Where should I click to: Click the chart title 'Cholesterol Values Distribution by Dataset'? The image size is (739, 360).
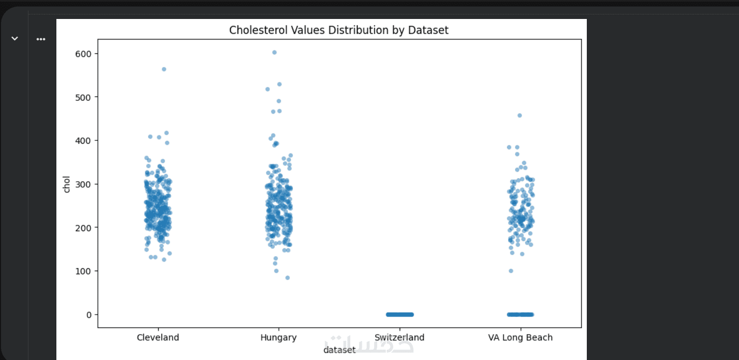(339, 30)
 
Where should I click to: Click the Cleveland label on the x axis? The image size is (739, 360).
(158, 338)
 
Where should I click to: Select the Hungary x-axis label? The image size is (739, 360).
(278, 338)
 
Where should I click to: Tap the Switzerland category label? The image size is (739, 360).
(400, 338)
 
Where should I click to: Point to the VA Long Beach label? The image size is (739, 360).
(520, 338)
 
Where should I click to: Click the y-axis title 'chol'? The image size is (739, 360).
(67, 184)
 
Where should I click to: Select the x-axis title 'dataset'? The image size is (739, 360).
(339, 350)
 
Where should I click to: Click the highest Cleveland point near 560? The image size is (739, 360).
(164, 69)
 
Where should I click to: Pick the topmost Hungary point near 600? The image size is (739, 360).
(274, 52)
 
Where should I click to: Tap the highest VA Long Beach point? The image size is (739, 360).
(519, 115)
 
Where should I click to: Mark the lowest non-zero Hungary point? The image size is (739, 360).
(287, 278)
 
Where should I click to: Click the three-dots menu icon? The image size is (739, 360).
(41, 39)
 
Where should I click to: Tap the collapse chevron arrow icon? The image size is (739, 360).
(15, 38)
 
